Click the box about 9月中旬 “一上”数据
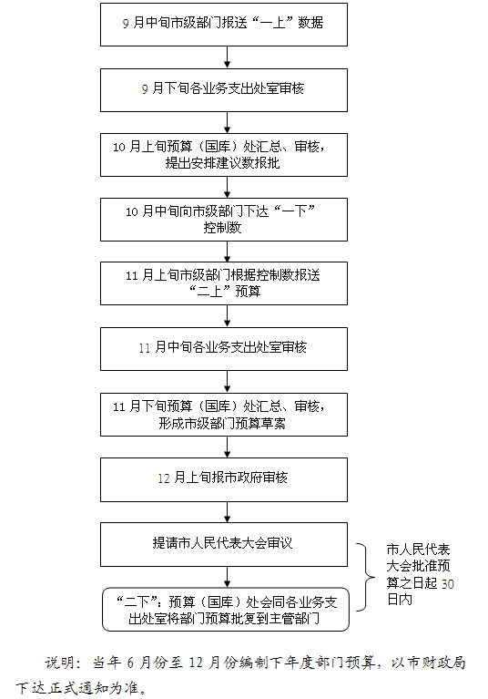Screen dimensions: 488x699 pos(224,25)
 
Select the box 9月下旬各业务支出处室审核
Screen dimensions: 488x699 pos(224,90)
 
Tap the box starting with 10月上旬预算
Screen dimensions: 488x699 pos(224,155)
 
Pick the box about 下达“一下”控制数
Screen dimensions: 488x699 pos(224,220)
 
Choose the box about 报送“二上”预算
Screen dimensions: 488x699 pos(224,283)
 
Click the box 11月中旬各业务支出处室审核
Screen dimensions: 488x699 pos(224,349)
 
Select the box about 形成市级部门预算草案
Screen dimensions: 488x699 pos(224,415)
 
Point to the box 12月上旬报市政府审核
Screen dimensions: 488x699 pos(224,479)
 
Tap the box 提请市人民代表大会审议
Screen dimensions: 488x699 pos(224,545)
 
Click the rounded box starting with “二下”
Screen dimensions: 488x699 pos(226,610)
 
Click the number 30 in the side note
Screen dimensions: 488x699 pos(447,583)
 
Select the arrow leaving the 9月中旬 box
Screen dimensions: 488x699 pos(227,57)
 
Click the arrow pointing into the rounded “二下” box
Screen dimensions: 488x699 pos(227,577)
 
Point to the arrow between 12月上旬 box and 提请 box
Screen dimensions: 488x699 pos(227,513)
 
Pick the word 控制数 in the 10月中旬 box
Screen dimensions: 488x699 pos(222,228)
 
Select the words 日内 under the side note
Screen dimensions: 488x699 pos(400,600)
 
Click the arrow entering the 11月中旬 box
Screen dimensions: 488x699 pos(227,316)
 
